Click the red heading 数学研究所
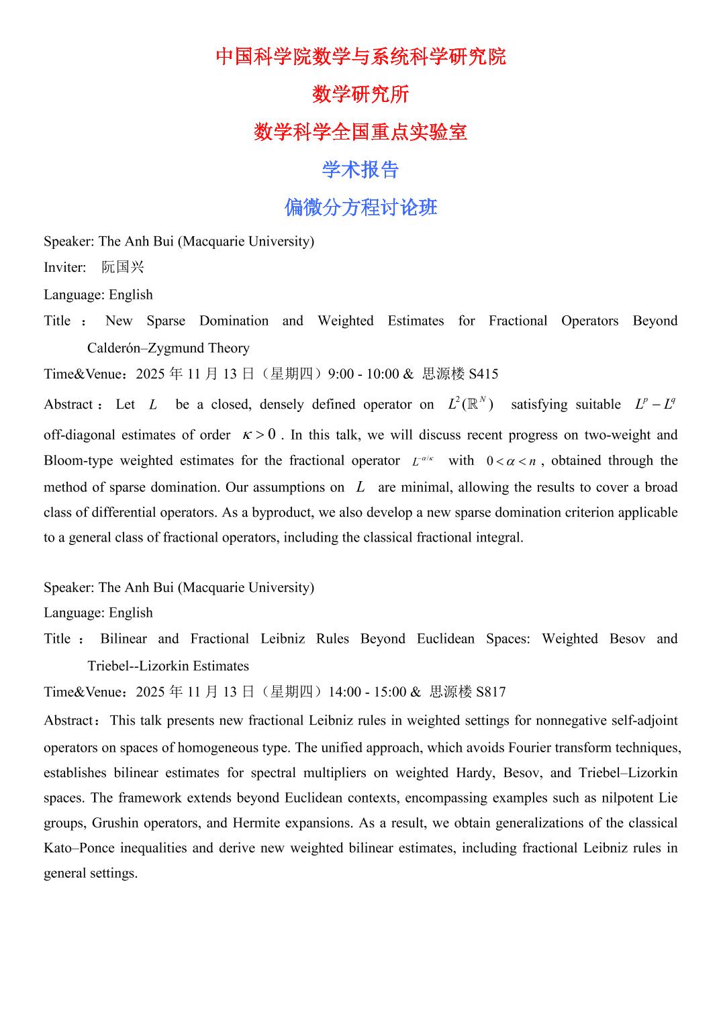click(360, 95)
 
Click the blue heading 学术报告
click(360, 170)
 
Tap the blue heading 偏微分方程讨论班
click(360, 207)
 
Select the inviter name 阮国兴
click(123, 268)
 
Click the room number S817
click(491, 692)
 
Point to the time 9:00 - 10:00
click(363, 374)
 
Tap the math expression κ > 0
click(259, 435)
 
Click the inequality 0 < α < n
click(512, 461)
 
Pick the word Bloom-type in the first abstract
click(75, 460)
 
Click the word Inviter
click(64, 268)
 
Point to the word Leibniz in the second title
click(282, 639)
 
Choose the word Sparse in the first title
click(166, 321)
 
